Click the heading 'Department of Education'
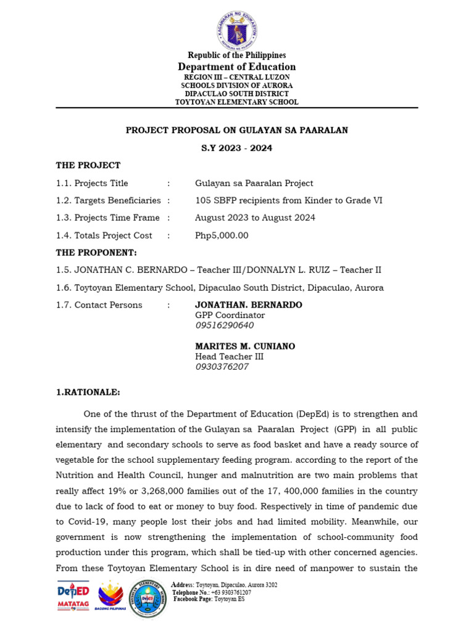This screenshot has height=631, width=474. (237, 67)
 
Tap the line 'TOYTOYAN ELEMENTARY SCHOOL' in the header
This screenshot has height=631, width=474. (237, 102)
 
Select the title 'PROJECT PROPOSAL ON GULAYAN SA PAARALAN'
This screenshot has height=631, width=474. (237, 130)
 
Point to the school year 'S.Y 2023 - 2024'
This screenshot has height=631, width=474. (237, 148)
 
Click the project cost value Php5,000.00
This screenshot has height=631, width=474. (222, 235)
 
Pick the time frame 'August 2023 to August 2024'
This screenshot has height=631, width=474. (255, 218)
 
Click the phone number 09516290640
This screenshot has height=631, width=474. (224, 325)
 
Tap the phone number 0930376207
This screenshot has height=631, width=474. (222, 367)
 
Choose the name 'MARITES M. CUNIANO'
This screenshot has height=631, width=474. (245, 346)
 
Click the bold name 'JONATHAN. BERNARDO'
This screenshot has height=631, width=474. (249, 305)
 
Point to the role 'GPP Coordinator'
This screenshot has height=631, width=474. (230, 315)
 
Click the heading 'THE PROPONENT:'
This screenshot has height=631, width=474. (96, 253)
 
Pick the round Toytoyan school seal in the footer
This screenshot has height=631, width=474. (148, 598)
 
